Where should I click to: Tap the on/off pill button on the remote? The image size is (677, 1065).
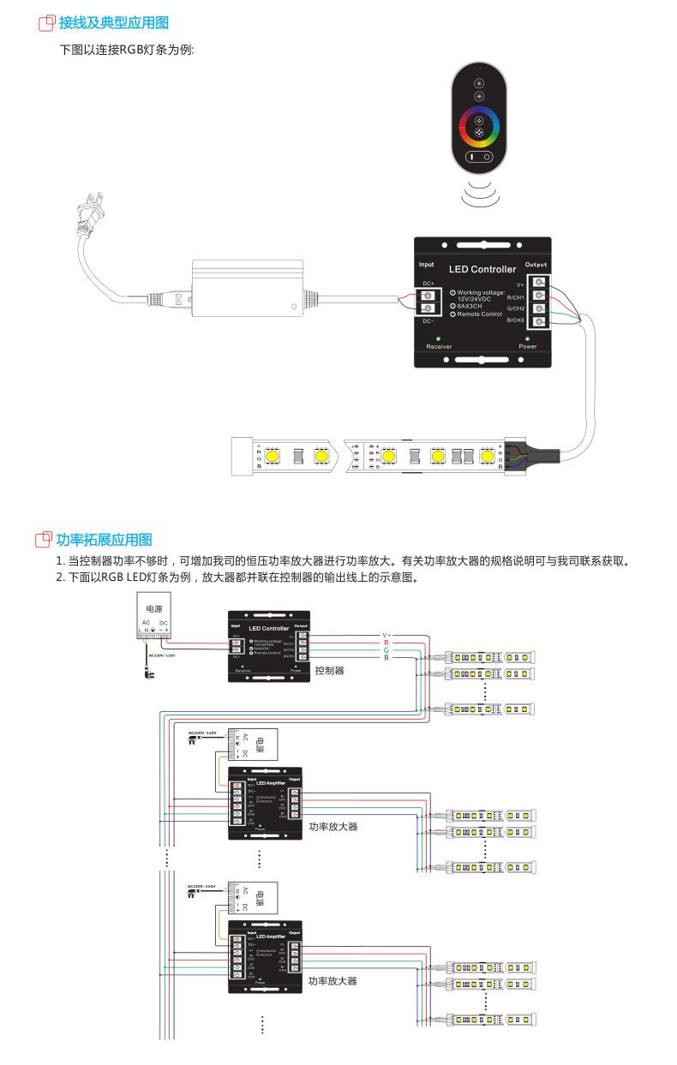479,158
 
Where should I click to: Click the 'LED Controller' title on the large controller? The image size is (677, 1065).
482,269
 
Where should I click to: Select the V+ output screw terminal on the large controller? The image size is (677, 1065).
539,282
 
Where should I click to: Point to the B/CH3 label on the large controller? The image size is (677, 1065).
515,320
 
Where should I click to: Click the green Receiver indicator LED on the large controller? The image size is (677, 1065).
439,338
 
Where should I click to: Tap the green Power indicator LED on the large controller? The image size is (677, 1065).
527,338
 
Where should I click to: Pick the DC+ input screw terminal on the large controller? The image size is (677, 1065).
428,295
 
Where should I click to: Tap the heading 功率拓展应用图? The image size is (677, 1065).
104,540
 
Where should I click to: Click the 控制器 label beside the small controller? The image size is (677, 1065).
329,670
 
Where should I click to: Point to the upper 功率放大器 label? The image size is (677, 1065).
333,827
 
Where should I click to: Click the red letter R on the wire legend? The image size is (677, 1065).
386,643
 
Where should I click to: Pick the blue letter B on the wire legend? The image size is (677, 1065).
386,658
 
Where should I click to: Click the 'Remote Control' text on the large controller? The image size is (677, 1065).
479,314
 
